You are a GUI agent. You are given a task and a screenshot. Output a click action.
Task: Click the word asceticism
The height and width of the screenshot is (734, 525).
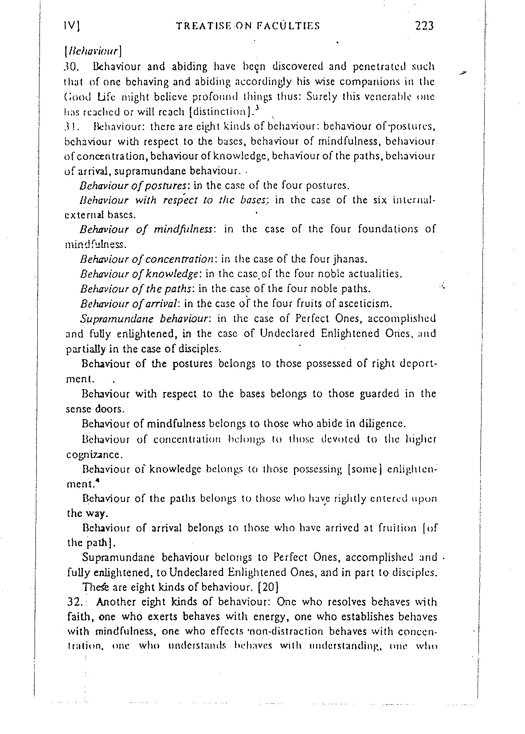tap(364, 304)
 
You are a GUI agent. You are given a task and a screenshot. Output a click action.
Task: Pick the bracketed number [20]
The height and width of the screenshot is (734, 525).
tap(268, 587)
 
